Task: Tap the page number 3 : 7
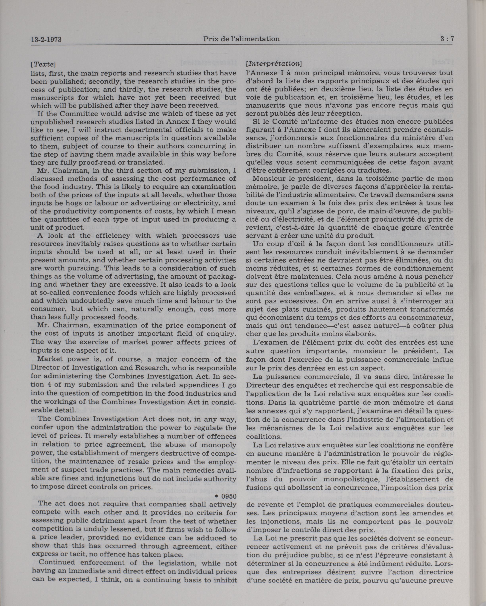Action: [x=447, y=39]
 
